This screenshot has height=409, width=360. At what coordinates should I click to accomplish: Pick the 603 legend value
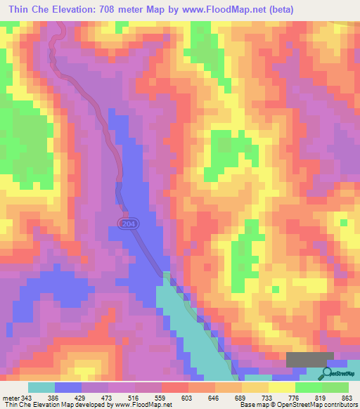[188, 398]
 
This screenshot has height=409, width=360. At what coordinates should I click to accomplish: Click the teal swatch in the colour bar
[41, 387]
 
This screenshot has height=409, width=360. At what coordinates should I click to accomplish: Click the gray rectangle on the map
[310, 359]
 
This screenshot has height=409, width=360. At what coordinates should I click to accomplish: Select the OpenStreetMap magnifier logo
[326, 372]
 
